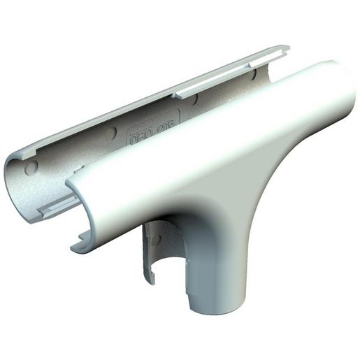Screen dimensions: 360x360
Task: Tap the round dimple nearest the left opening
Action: [31, 168]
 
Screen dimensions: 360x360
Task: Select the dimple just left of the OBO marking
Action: [110, 132]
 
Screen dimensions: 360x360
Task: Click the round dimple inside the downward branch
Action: [156, 239]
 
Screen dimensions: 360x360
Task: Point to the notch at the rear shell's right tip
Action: [285, 50]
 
